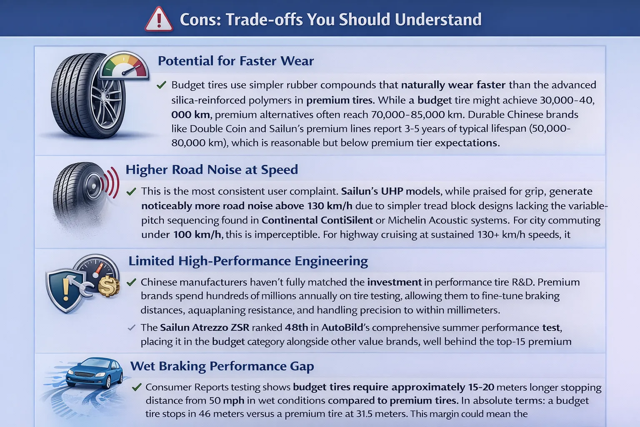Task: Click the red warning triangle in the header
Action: point(159,20)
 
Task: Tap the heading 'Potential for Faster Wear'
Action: point(235,61)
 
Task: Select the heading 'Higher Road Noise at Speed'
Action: point(212,170)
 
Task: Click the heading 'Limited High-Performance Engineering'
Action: point(248,261)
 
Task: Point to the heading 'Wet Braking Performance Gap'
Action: point(222,366)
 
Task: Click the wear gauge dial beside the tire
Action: point(124,66)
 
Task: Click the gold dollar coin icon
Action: point(108,286)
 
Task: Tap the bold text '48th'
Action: point(296,328)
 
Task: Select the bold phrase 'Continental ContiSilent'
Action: point(317,220)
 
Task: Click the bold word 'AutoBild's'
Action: point(342,328)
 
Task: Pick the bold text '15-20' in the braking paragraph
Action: point(481,387)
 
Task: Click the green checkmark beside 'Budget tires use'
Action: point(161,85)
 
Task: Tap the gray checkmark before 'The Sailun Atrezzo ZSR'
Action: point(131,328)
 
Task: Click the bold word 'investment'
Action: point(394,282)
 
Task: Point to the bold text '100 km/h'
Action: point(197,235)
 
